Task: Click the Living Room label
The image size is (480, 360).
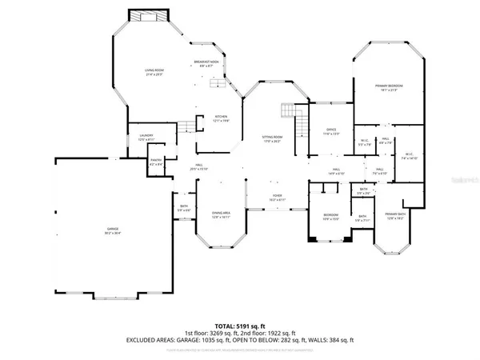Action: click(153, 72)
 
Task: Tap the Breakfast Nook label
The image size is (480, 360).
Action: click(206, 64)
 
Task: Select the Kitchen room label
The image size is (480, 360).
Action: click(220, 118)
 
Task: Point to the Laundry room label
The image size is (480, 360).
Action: click(146, 138)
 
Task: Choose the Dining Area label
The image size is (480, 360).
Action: click(221, 215)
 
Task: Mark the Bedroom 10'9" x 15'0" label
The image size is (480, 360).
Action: click(330, 216)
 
